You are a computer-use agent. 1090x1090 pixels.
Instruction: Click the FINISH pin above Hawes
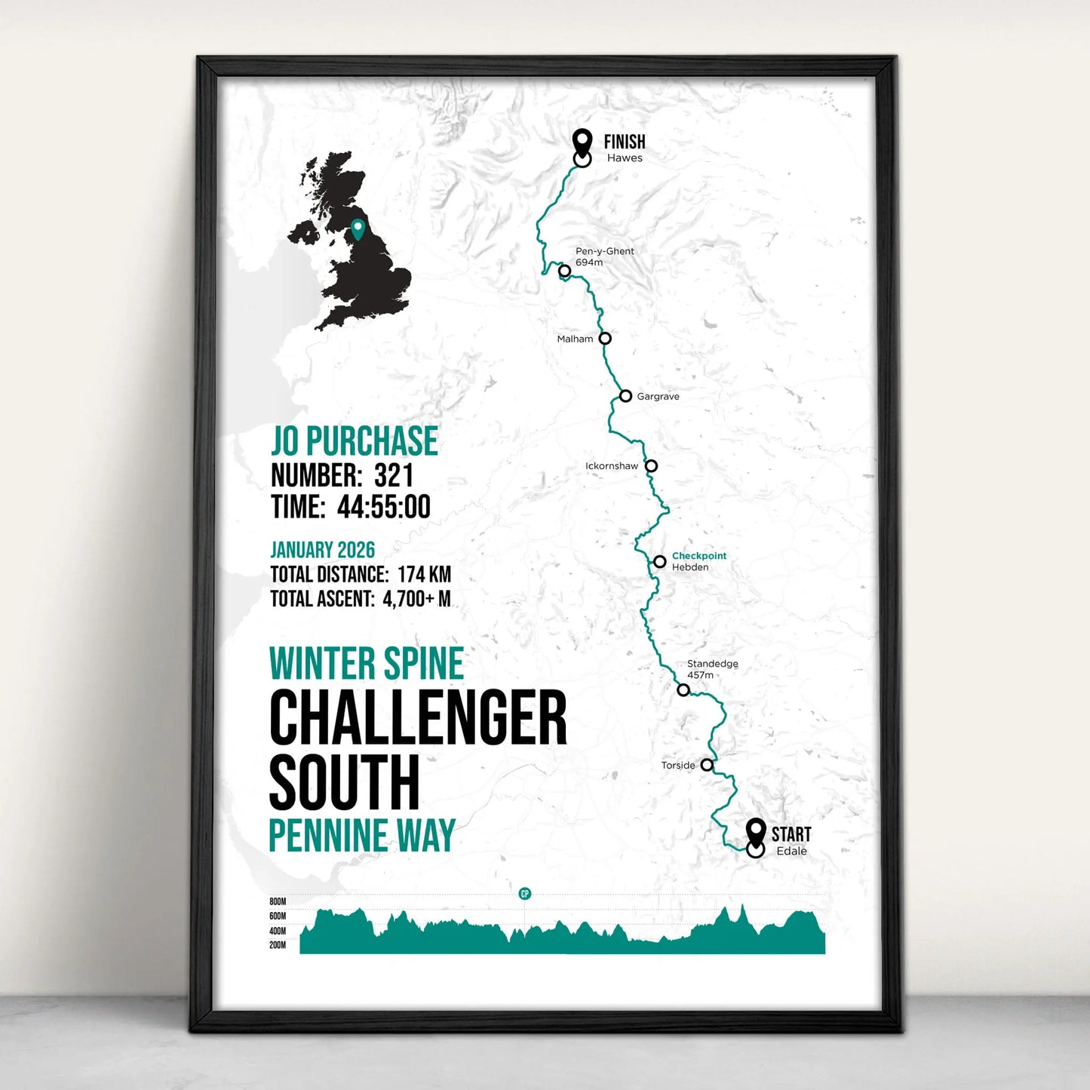(x=582, y=141)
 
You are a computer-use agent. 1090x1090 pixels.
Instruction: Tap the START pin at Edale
(x=755, y=832)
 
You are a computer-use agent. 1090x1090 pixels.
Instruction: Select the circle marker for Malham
(x=605, y=339)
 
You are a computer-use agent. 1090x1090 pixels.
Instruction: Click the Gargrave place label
(x=658, y=397)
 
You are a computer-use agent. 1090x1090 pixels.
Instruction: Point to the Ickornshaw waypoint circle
(x=651, y=466)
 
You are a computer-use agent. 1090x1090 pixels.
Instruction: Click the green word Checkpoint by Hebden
(x=699, y=556)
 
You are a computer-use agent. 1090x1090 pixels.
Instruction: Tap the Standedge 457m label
(x=712, y=669)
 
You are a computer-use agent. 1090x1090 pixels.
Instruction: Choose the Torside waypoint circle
(x=707, y=765)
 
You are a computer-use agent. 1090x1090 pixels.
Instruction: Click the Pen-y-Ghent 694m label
(x=604, y=256)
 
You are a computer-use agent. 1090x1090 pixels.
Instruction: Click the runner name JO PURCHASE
(x=354, y=441)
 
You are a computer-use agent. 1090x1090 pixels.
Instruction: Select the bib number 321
(x=394, y=476)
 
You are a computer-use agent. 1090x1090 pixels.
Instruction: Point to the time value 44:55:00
(x=384, y=507)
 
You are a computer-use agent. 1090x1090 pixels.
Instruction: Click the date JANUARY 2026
(x=322, y=550)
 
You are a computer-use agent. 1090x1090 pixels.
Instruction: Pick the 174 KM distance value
(x=424, y=575)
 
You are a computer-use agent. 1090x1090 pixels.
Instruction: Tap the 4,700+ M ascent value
(x=416, y=599)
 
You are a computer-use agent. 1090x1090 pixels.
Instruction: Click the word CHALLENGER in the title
(x=418, y=718)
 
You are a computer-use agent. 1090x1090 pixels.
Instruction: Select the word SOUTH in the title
(x=344, y=782)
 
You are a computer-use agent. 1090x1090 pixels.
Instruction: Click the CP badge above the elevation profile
(x=525, y=894)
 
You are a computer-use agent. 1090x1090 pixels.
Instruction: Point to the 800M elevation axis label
(x=278, y=901)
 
